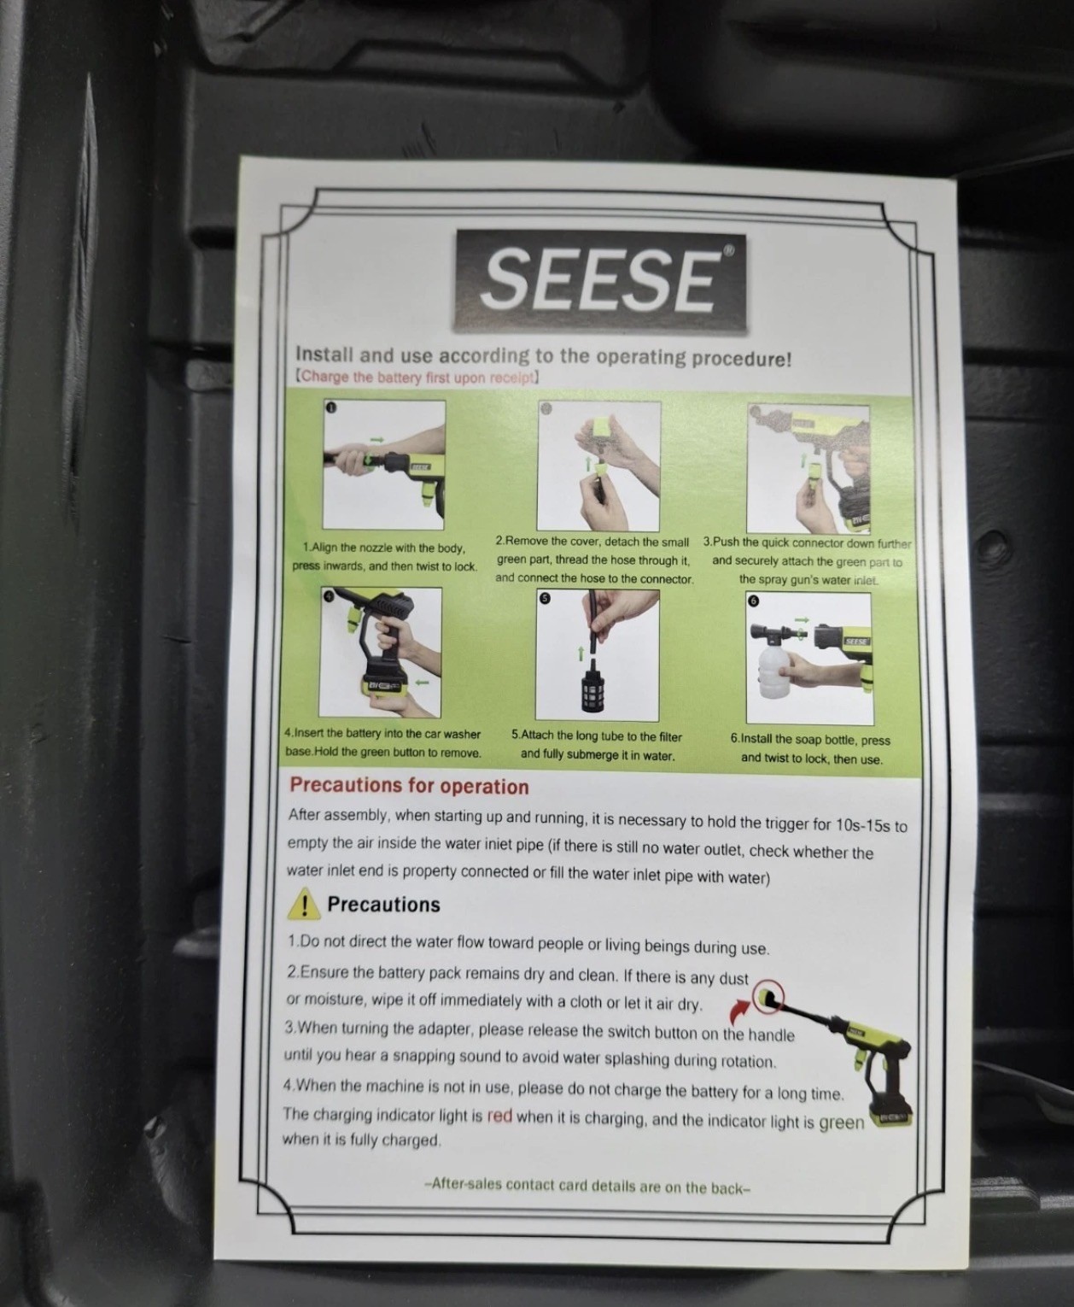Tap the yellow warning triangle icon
click(303, 904)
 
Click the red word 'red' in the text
click(499, 1117)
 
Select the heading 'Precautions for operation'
click(410, 786)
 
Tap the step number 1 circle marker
click(330, 407)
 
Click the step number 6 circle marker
click(754, 601)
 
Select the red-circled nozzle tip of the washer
click(768, 997)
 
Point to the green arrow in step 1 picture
click(376, 439)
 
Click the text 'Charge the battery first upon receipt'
click(417, 378)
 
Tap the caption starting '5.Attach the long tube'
click(597, 746)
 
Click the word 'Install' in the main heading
click(324, 354)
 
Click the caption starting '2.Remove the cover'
click(593, 560)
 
